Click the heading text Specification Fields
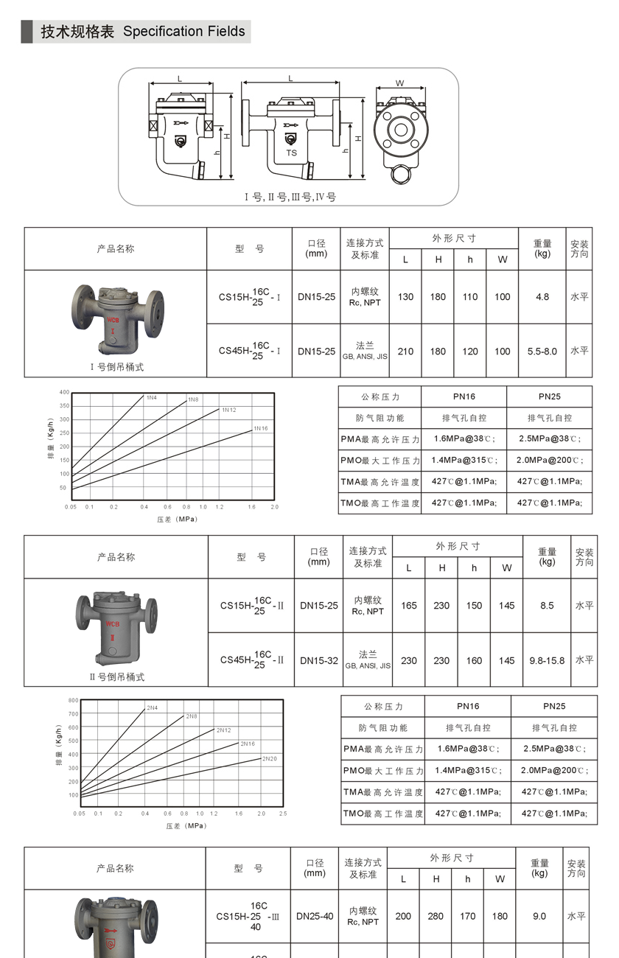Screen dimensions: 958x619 coord(183,32)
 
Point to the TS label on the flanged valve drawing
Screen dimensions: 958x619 coord(292,153)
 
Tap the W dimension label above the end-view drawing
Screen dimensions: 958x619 coord(400,83)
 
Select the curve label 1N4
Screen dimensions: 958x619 coord(152,398)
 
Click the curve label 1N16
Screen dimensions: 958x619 coord(261,428)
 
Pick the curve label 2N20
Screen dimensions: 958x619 coord(270,758)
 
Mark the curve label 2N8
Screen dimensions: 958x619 coord(191,716)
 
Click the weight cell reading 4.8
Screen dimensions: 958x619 coord(542,297)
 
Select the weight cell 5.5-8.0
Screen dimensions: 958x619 coord(542,352)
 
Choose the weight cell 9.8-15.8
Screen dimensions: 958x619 coord(547,660)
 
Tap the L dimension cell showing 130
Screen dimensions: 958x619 coord(405,297)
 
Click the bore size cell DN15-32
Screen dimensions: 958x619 coord(319,660)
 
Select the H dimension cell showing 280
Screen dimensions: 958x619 coord(436,916)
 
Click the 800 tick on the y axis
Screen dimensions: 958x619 coord(73,700)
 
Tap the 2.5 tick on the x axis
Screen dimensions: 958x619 coord(283,814)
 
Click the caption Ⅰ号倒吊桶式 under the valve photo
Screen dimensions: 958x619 coord(116,366)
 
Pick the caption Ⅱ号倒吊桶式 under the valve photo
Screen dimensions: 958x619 coord(116,676)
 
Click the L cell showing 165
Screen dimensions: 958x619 coord(409,606)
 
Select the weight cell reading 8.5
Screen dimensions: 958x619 coord(547,606)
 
